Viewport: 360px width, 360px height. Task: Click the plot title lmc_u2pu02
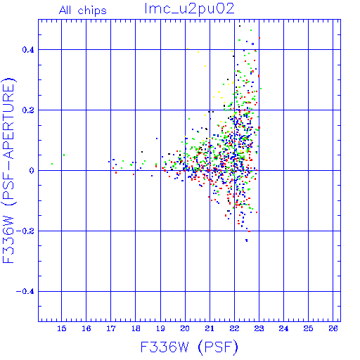[x=189, y=9]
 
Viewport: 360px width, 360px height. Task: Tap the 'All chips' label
[x=83, y=11]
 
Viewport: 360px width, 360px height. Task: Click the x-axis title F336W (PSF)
[x=189, y=347]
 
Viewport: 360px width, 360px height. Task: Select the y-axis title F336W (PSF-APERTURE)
[x=9, y=171]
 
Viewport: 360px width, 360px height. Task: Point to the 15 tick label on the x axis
[x=62, y=328]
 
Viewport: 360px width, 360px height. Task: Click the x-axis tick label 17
[x=111, y=328]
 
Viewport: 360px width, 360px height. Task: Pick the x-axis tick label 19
[x=160, y=328]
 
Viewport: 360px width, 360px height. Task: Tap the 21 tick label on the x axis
[x=210, y=328]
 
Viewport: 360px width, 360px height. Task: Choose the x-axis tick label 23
[x=259, y=328]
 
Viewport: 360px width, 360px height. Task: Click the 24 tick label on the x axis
[x=283, y=328]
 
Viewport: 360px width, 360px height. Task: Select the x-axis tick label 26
[x=333, y=328]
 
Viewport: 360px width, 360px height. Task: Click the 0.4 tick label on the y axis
[x=28, y=50]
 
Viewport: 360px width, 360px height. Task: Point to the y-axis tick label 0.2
[x=28, y=110]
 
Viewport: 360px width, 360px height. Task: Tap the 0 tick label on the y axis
[x=32, y=171]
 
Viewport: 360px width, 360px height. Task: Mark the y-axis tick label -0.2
[x=25, y=231]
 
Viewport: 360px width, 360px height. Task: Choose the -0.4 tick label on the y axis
[x=25, y=292]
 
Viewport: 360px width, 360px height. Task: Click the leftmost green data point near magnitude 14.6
[x=52, y=164]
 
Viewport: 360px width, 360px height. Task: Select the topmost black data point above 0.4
[x=240, y=26]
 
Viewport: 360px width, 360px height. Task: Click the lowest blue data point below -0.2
[x=247, y=240]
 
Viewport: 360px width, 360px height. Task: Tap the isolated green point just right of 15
[x=64, y=155]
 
